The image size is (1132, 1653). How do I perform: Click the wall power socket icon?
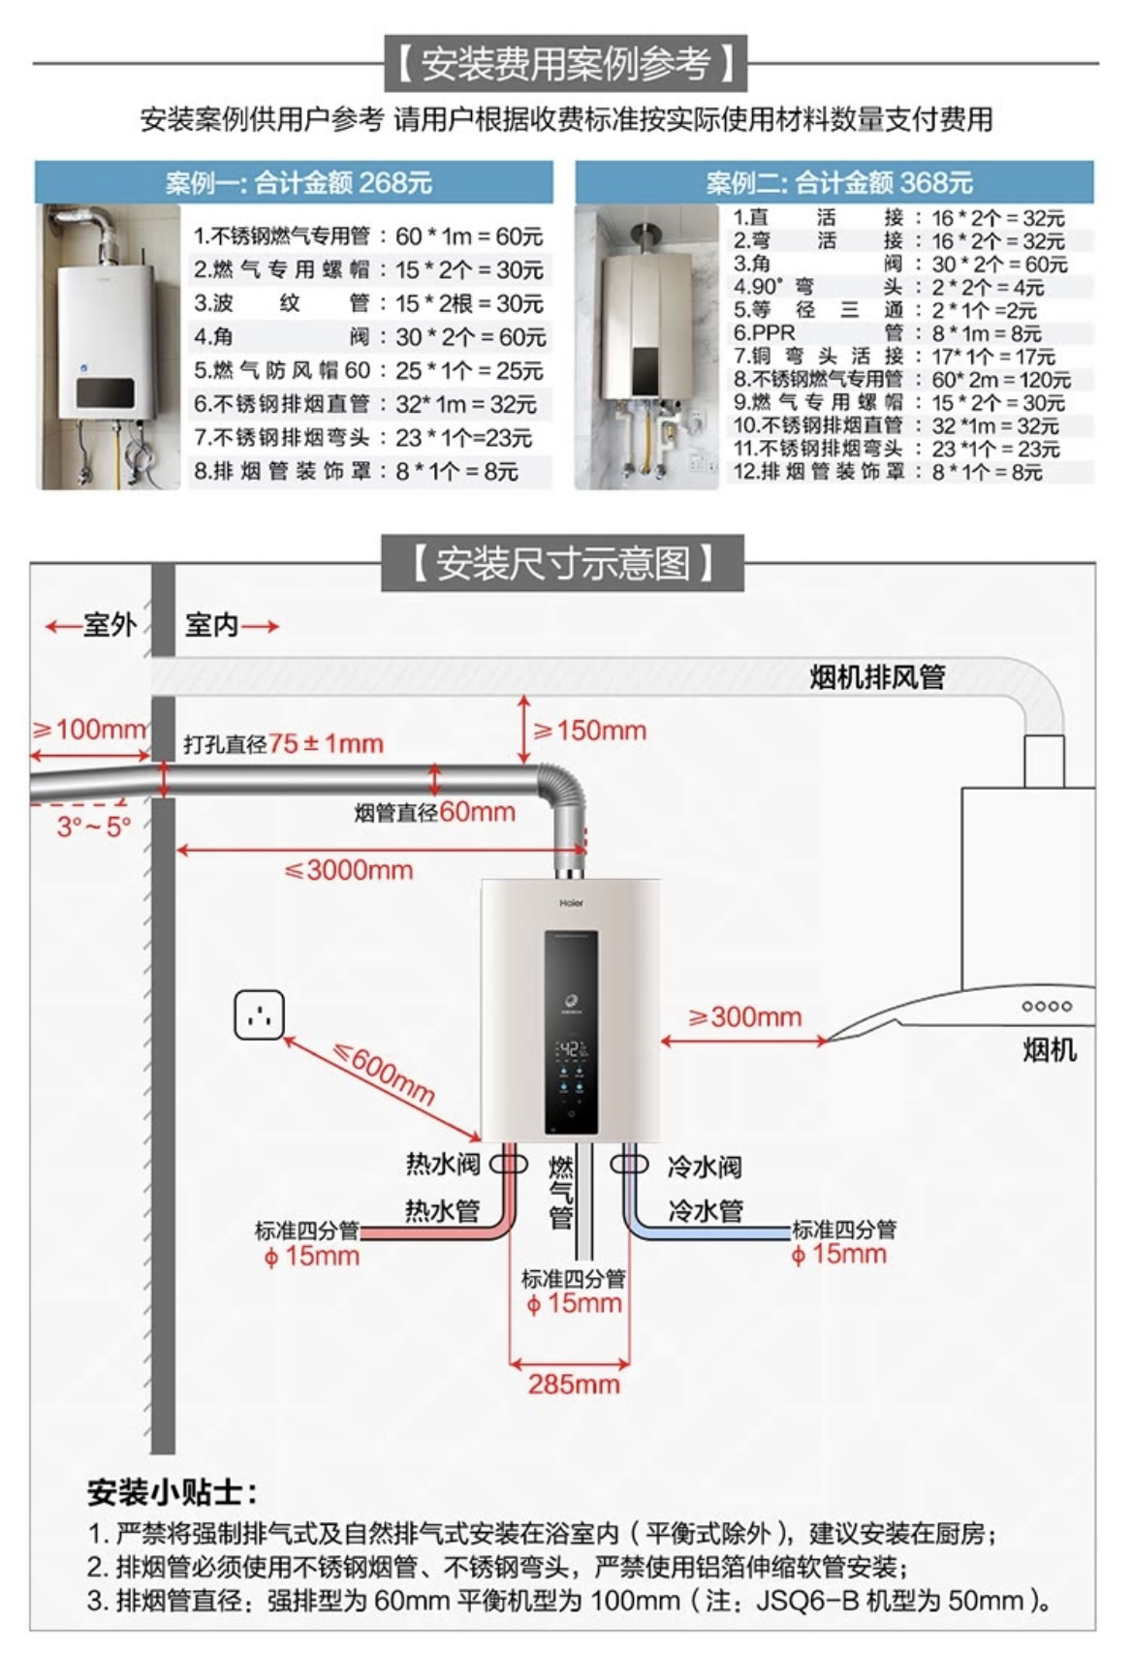click(x=259, y=1014)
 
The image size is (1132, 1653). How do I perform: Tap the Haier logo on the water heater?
click(x=572, y=903)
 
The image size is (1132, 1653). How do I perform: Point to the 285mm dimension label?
click(x=574, y=1383)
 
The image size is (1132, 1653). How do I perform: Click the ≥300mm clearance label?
click(x=745, y=1016)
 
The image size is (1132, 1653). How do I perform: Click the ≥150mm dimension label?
click(x=589, y=730)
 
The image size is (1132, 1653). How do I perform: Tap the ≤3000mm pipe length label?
click(x=349, y=869)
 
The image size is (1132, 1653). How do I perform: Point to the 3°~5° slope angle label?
click(x=93, y=827)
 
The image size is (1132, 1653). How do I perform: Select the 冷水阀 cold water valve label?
click(x=705, y=1166)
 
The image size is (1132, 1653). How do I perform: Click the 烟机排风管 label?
click(x=877, y=676)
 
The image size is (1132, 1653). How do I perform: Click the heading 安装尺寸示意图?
click(x=563, y=562)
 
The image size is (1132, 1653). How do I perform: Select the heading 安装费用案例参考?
click(x=565, y=64)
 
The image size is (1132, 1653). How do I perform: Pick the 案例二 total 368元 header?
click(x=838, y=182)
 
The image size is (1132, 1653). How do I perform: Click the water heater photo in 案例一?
click(x=109, y=346)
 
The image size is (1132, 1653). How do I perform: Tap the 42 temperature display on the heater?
click(x=571, y=1049)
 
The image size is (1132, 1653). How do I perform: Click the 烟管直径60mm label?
click(x=434, y=811)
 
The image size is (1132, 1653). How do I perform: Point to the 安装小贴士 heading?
click(x=173, y=1491)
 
